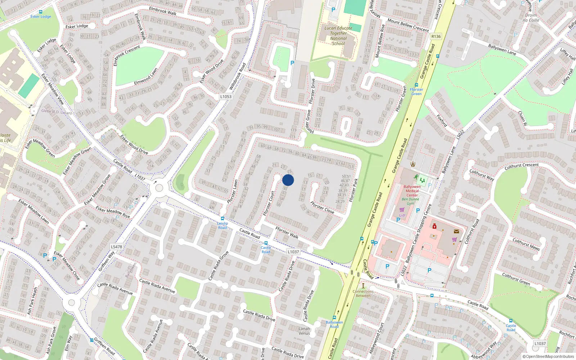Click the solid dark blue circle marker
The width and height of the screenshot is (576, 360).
click(x=288, y=180)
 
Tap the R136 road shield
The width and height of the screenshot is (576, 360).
click(x=436, y=36)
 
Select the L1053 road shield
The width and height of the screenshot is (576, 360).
click(x=226, y=96)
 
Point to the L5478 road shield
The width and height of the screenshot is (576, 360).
click(x=116, y=247)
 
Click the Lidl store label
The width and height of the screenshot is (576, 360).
click(x=402, y=215)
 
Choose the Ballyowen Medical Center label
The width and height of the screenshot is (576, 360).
click(x=412, y=191)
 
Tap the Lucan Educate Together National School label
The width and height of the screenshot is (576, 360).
click(x=338, y=36)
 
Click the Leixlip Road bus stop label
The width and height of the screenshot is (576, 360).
click(x=222, y=225)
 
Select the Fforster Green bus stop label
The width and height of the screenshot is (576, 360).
click(x=416, y=91)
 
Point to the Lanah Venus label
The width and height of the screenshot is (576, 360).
click(x=304, y=331)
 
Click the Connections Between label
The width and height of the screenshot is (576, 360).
click(x=363, y=293)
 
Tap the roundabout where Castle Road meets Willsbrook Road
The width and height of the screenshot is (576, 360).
click(x=159, y=188)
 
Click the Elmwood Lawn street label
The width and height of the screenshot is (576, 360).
click(x=146, y=77)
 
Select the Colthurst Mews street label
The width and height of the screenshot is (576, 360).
click(x=526, y=244)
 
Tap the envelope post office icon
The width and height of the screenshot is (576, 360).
click(x=456, y=231)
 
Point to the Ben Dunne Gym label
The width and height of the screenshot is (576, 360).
click(x=410, y=201)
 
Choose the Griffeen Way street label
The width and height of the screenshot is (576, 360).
click(x=107, y=261)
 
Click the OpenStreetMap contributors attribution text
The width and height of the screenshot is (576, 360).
click(x=548, y=357)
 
